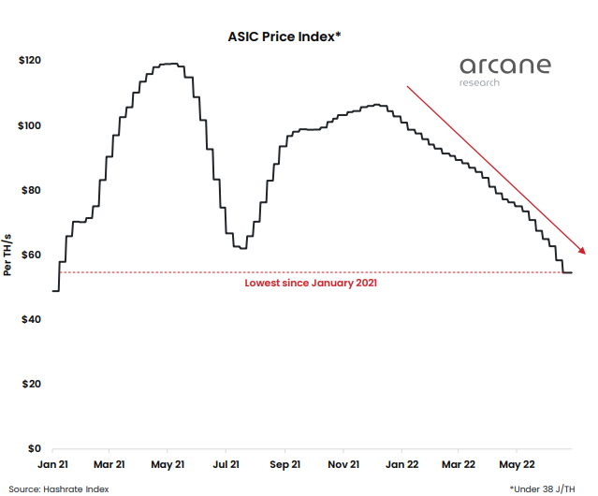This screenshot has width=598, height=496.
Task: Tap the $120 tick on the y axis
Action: click(x=30, y=61)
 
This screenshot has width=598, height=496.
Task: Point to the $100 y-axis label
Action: click(x=30, y=125)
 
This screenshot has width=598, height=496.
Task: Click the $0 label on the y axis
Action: click(x=36, y=448)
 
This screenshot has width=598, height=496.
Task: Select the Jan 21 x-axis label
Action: click(x=52, y=464)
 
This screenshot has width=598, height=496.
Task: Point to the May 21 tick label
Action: click(x=168, y=464)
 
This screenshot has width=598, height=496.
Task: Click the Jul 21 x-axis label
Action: click(x=226, y=464)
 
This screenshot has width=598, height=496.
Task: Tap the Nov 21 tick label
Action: click(x=344, y=464)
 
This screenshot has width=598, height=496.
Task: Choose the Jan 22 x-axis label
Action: click(x=401, y=464)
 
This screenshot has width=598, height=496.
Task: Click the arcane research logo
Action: click(x=504, y=70)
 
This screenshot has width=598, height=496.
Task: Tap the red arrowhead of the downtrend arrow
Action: click(x=583, y=249)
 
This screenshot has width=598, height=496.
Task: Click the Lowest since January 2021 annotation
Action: click(x=312, y=282)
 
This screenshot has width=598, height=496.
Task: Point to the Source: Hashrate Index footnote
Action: click(x=59, y=489)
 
